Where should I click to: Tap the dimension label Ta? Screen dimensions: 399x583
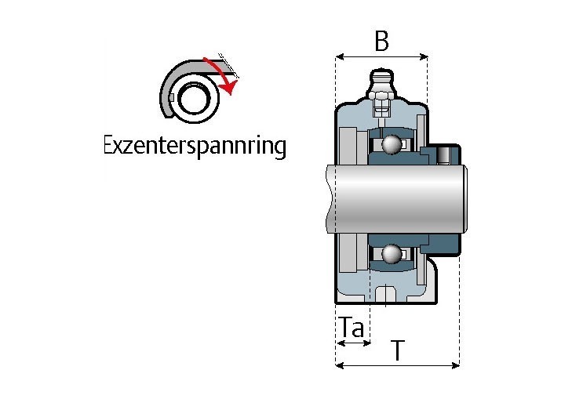coord(352,327)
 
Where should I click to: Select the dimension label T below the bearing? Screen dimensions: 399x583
coord(398,350)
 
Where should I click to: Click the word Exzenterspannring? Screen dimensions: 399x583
coord(195,146)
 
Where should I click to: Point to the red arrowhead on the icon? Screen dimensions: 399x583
coord(230,88)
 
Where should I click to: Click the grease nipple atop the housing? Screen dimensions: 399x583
coord(381,82)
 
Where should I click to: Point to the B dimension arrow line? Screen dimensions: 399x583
coord(381,57)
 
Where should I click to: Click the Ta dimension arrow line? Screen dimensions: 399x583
coord(352,343)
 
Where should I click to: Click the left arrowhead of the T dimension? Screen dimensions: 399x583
coord(340,365)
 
